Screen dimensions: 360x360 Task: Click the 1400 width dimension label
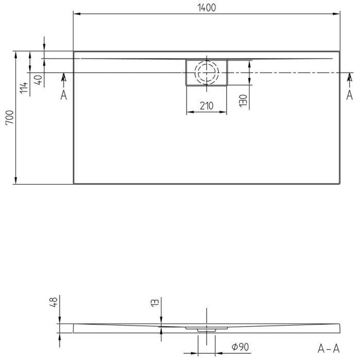tap(206, 7)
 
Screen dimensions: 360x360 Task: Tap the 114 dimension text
tap(23, 87)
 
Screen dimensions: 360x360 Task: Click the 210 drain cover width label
tap(206, 106)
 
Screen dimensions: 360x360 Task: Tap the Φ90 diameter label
tap(240, 348)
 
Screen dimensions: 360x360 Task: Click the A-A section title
tap(328, 349)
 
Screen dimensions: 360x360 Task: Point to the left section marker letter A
tap(63, 95)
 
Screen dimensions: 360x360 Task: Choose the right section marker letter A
tap(350, 95)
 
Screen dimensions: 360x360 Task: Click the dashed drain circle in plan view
tap(206, 73)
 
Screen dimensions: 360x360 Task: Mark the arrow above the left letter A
tap(63, 78)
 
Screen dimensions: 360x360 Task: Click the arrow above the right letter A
tap(350, 78)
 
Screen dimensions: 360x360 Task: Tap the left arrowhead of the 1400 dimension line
tap(77, 14)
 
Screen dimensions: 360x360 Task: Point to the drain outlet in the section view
tap(206, 328)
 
